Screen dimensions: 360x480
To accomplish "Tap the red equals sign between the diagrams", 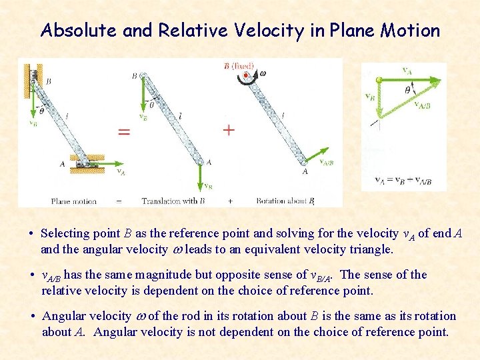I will tap(124, 131).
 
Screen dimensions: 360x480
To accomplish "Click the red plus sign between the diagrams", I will tap(229, 129).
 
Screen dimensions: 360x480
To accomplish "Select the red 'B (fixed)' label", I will tap(239, 65).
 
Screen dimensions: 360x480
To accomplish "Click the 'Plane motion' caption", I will tap(73, 201).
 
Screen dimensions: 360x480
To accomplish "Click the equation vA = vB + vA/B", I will tap(403, 181).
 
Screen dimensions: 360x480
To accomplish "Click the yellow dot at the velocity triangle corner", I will tap(379, 79).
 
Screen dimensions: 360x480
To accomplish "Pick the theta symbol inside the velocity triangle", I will tap(408, 89).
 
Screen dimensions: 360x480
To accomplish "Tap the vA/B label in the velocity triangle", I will tap(422, 105).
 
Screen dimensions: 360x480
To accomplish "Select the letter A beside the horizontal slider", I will tap(63, 163).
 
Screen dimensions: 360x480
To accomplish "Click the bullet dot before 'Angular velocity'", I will tap(32, 317).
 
